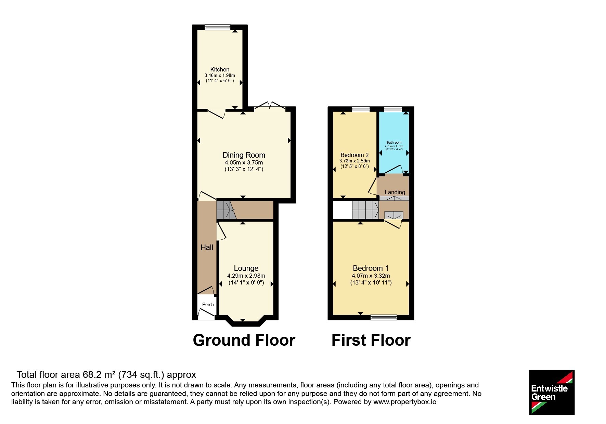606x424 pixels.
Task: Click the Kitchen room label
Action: [x=220, y=69]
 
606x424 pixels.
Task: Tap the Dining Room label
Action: [x=244, y=155]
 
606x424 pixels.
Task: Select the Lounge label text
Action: [x=246, y=268]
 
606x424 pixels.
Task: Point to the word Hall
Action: [x=207, y=247]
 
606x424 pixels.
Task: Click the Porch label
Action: [x=208, y=304]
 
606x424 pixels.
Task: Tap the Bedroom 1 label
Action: [x=371, y=268]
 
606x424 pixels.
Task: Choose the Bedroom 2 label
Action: [x=354, y=155]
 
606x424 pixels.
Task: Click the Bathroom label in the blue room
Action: [x=394, y=143]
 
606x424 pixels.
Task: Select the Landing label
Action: [x=395, y=192]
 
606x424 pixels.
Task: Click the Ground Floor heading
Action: [x=244, y=340]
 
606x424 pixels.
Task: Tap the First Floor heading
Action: [x=371, y=340]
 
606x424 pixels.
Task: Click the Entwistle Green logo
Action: [x=552, y=393]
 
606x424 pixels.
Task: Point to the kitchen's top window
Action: [x=218, y=27]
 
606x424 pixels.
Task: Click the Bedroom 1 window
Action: [x=384, y=317]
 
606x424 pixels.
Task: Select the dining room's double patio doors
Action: [x=270, y=106]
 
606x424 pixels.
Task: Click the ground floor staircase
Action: [x=226, y=210]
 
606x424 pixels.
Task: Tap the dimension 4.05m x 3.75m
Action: [x=244, y=162]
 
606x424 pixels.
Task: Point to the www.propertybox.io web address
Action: [x=405, y=402]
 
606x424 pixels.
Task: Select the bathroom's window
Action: [x=393, y=109]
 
